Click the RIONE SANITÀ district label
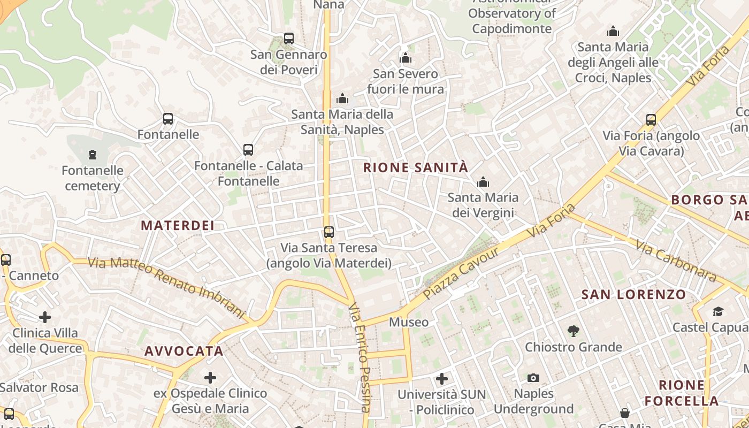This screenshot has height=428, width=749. (x=415, y=167)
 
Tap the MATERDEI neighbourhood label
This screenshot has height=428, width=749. (x=178, y=225)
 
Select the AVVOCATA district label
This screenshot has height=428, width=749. (x=184, y=351)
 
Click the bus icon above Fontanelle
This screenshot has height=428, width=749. (x=168, y=119)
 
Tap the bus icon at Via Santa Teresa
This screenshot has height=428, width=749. (x=329, y=232)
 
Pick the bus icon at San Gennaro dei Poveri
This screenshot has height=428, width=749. (x=289, y=39)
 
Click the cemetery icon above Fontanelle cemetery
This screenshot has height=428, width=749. (x=93, y=155)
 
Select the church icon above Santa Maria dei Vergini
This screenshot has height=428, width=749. (x=483, y=182)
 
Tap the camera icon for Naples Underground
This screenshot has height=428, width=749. (x=533, y=378)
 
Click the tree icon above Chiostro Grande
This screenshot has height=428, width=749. (x=574, y=331)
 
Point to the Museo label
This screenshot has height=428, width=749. (x=409, y=322)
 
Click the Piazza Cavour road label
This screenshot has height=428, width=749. (x=461, y=273)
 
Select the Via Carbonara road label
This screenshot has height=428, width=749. (x=676, y=261)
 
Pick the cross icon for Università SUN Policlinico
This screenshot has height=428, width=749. (x=442, y=379)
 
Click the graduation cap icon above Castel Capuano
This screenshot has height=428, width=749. (x=717, y=311)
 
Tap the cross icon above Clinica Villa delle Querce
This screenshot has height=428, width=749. (x=45, y=317)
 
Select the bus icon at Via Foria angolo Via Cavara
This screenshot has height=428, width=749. (x=651, y=120)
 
